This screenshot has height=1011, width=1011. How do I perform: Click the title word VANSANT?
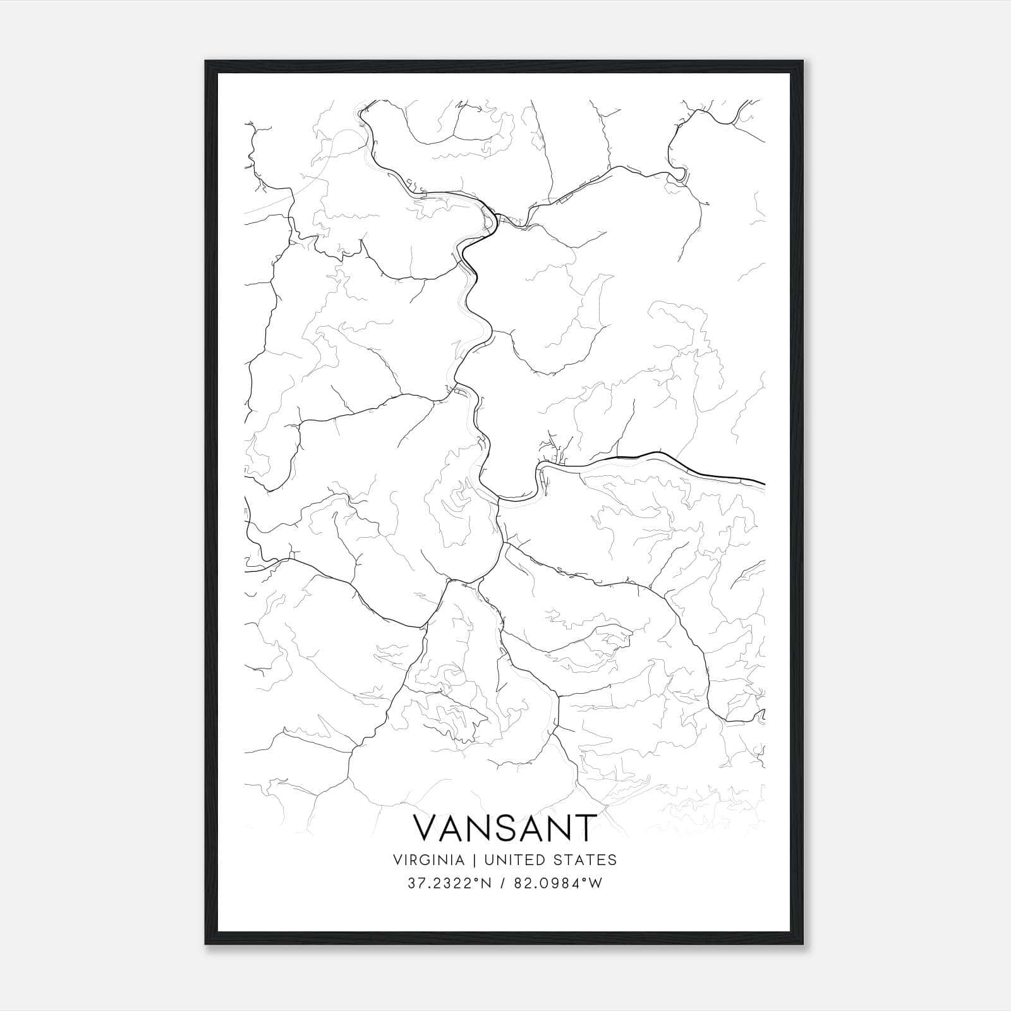point(505,828)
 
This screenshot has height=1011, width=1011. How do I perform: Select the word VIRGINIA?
point(428,860)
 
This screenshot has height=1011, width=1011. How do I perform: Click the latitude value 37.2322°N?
point(448,883)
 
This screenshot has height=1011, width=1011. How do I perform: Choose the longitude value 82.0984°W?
point(557,883)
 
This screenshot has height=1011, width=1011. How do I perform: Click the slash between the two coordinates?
point(502,883)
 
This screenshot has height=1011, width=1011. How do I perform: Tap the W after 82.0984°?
point(595,883)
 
